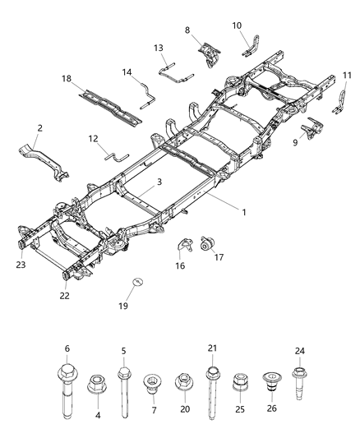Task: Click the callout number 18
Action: (x=66, y=78)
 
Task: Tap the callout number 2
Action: (x=39, y=128)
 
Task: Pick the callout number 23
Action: (x=19, y=265)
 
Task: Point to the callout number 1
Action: (x=243, y=211)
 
